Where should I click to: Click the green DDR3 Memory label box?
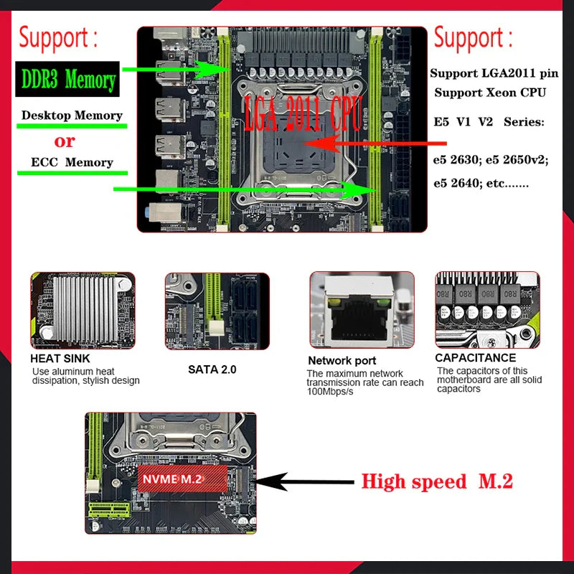pyautogui.click(x=68, y=80)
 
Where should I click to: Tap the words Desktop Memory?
pyautogui.click(x=72, y=115)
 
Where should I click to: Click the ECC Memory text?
pyautogui.click(x=72, y=162)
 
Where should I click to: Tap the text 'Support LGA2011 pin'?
pyautogui.click(x=494, y=73)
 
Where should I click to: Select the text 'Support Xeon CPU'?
pyautogui.click(x=489, y=93)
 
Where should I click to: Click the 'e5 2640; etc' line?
pyautogui.click(x=480, y=183)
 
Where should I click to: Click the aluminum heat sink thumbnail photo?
pyautogui.click(x=82, y=310)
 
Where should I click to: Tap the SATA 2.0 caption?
pyautogui.click(x=212, y=370)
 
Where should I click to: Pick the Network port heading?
pyautogui.click(x=342, y=360)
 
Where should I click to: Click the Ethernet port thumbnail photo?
pyautogui.click(x=362, y=310)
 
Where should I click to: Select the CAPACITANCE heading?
pyautogui.click(x=476, y=357)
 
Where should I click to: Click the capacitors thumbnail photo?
pyautogui.click(x=487, y=310)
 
